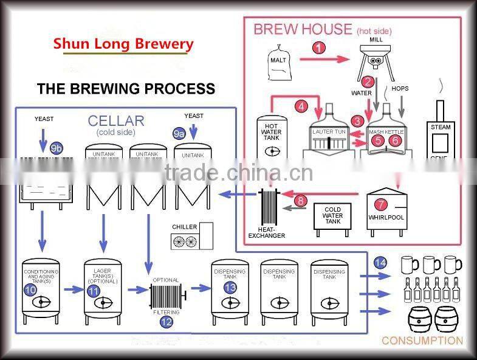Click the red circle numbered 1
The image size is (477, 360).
pos(320,47)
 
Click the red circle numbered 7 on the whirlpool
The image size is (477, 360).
pos(381,205)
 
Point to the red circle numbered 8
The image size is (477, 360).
pos(301,201)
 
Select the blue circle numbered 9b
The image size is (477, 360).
pos(57,148)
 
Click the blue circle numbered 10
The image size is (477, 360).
pos(30,290)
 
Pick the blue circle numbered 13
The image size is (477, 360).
pos(229,287)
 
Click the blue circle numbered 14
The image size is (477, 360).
pos(380,263)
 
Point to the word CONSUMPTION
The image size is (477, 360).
pos(422,341)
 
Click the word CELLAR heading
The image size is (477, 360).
pos(116,121)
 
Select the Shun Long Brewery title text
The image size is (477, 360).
pos(123,44)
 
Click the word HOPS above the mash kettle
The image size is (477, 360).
pos(400,89)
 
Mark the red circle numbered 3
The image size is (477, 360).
pos(359,121)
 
